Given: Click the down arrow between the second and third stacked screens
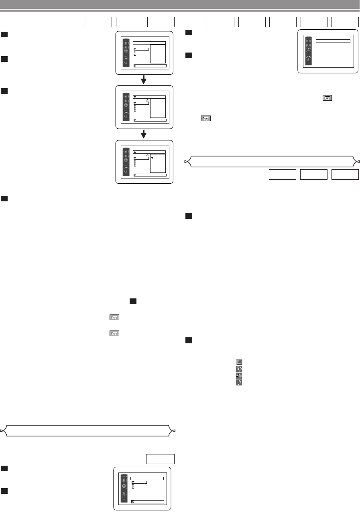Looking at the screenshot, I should coord(144,134).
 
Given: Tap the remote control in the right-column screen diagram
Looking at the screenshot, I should coord(309,51).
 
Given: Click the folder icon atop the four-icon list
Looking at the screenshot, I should coord(239,361).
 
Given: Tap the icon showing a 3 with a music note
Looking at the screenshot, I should coord(239,369).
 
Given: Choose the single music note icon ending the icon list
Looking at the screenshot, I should coord(239,383).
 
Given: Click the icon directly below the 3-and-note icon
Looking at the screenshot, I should coord(239,376).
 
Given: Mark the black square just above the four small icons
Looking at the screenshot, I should coord(188,340).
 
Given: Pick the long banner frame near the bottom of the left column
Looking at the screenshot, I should coord(88,430).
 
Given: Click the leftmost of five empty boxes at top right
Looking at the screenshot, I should coord(220,22).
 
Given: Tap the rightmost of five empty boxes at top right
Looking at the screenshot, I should coord(345,22).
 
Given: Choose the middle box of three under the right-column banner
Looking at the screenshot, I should coord(313,174).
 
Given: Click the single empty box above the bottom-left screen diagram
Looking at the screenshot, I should coord(160,459).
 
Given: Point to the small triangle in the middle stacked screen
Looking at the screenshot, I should coord(147,100).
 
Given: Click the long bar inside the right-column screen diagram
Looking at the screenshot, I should coord(333,41).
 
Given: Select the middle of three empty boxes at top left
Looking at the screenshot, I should coord(129,22).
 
